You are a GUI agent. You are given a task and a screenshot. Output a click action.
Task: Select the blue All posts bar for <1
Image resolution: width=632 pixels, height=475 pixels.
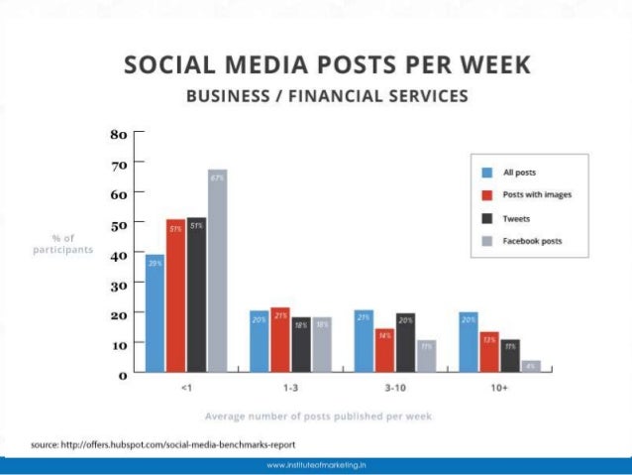pos(155,313)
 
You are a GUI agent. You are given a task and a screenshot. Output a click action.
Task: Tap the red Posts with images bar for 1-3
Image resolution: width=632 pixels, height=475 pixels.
pos(280,340)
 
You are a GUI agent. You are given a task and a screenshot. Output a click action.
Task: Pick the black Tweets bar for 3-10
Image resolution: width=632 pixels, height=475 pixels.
pos(405,342)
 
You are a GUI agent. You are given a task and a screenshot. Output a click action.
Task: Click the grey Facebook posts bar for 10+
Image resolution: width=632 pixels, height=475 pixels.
pos(531,366)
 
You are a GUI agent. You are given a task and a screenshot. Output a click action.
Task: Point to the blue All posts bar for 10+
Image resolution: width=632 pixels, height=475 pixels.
pos(468,342)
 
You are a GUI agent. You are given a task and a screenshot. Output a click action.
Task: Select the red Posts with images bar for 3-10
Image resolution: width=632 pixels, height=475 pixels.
pos(384,351)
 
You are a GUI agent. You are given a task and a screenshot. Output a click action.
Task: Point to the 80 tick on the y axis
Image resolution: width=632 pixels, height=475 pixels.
pos(117,132)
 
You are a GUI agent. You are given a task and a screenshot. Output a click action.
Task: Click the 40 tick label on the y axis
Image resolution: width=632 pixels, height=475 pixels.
pos(117,254)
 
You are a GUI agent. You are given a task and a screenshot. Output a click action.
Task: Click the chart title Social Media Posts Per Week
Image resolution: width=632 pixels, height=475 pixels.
pos(327,66)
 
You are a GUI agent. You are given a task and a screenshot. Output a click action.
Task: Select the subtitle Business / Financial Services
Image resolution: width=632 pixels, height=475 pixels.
pos(327,97)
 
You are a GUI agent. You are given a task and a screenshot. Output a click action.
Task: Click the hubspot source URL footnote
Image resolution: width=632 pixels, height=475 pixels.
pos(163,443)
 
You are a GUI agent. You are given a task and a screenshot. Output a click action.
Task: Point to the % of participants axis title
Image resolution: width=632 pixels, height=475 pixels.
pos(62,244)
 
